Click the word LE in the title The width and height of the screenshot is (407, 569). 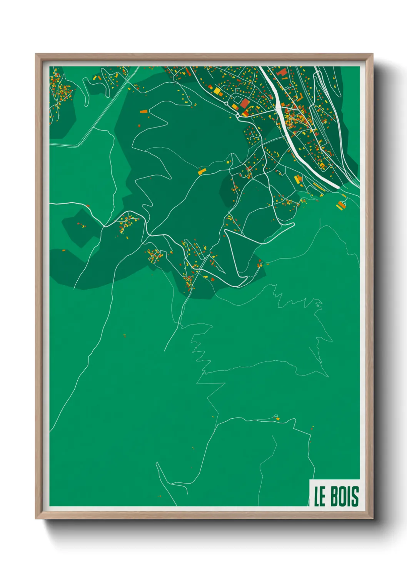tap(320, 496)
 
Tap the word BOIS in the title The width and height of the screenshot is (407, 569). tap(345, 496)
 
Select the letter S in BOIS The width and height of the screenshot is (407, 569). tap(355, 496)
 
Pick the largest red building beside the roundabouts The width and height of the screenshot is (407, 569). tap(245, 103)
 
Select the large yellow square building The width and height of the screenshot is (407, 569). tap(217, 91)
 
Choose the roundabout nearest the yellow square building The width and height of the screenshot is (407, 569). tap(226, 103)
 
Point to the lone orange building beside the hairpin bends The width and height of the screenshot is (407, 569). tap(143, 111)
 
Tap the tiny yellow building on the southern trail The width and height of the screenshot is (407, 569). tap(277, 418)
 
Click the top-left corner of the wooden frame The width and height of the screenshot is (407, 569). tap(36, 54)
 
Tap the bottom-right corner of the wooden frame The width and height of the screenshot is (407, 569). tap(372, 519)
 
